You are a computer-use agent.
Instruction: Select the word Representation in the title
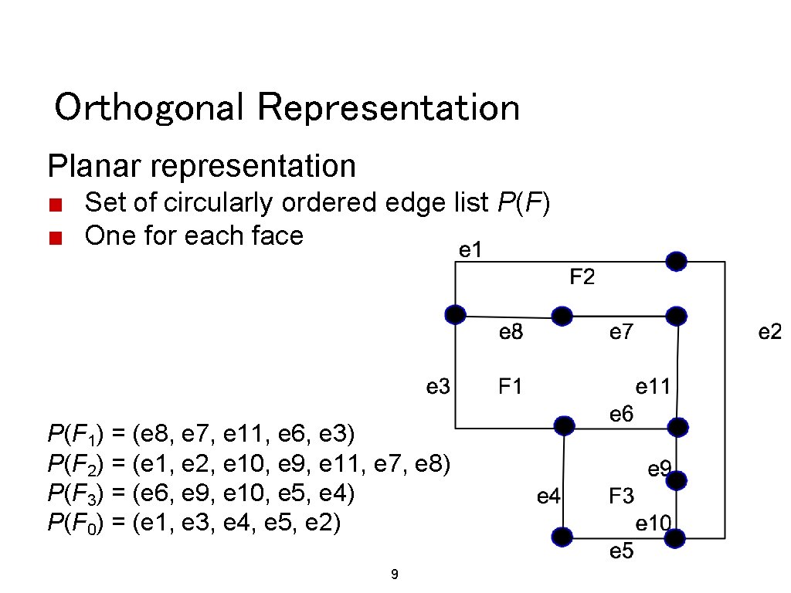coord(389,107)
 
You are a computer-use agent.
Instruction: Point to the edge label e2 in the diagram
coord(770,332)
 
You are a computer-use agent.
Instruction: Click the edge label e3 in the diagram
coord(438,385)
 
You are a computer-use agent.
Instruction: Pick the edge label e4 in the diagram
coord(548,496)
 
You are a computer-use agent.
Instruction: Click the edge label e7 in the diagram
coord(621,332)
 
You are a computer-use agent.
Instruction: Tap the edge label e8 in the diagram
coord(511,332)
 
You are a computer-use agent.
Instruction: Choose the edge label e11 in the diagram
coord(653,385)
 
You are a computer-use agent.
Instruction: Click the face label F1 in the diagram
coord(511,385)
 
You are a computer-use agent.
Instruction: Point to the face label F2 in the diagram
coord(582,276)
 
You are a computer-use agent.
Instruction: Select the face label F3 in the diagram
coord(621,496)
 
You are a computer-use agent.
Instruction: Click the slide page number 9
coord(395,574)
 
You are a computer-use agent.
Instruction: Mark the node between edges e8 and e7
coord(562,316)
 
